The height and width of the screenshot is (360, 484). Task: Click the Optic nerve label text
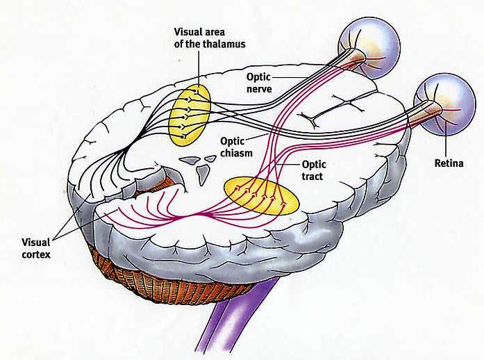pyautogui.click(x=262, y=82)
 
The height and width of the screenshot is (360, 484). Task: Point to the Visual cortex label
pyautogui.click(x=37, y=248)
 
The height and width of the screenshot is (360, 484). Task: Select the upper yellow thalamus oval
pyautogui.click(x=191, y=113)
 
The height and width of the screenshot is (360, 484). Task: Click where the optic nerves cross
pyautogui.click(x=276, y=130)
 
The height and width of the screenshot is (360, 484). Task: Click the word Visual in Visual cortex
pyautogui.click(x=36, y=243)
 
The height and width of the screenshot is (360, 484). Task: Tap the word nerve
pyautogui.click(x=261, y=88)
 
